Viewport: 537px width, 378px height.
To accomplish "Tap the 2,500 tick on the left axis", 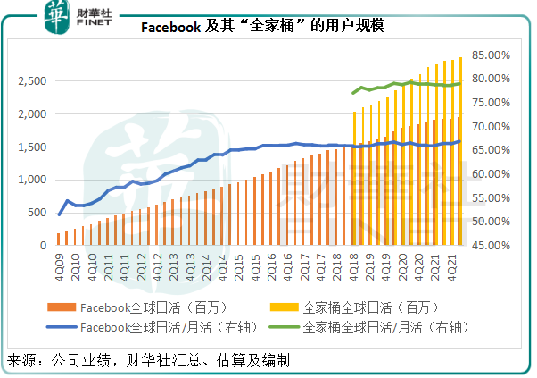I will coord(31,81).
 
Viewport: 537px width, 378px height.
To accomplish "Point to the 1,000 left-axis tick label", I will coord(31,180).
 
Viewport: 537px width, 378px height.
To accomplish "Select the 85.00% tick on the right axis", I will coord(490,55).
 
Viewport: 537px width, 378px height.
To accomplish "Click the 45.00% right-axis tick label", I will coord(490,245).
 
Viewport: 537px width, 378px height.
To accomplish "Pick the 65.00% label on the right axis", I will coord(490,150).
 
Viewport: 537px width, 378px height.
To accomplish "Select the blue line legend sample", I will coord(63,326).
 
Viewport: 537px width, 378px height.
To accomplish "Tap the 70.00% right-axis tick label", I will coord(490,126).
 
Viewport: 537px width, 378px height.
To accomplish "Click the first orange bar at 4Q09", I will coord(59,239).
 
